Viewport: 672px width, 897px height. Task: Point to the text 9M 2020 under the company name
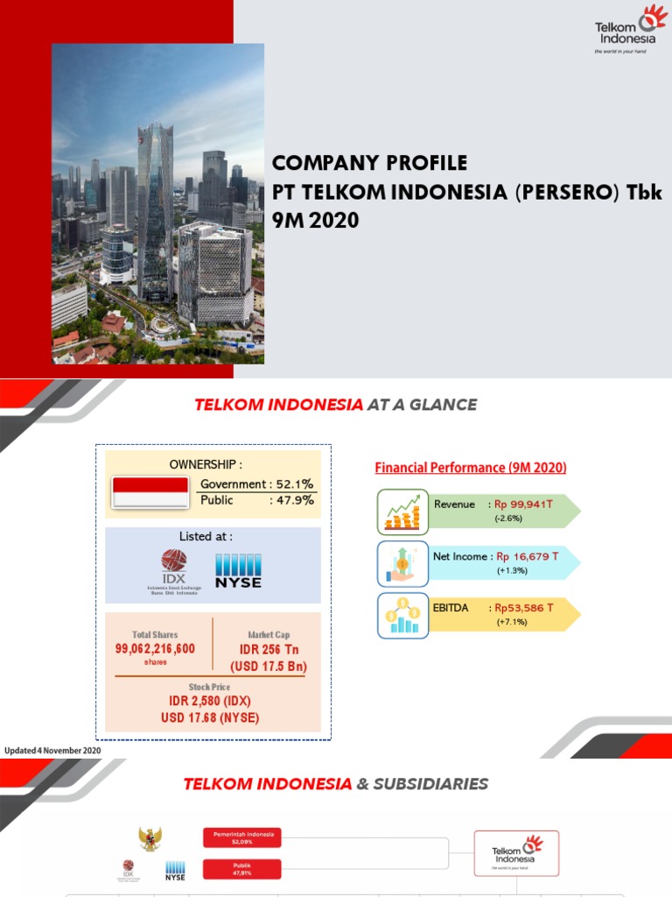(316, 221)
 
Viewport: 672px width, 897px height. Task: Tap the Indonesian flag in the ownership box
(150, 492)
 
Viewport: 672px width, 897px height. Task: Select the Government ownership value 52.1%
(296, 484)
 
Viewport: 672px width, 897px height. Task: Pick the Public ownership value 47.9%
(296, 501)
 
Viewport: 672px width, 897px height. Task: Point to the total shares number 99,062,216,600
(155, 649)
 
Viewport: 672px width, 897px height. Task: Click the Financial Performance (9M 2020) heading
(471, 468)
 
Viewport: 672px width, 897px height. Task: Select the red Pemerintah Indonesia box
(242, 838)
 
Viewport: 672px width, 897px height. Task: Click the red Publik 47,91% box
(242, 869)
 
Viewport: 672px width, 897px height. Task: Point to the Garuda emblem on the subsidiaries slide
(150, 839)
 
